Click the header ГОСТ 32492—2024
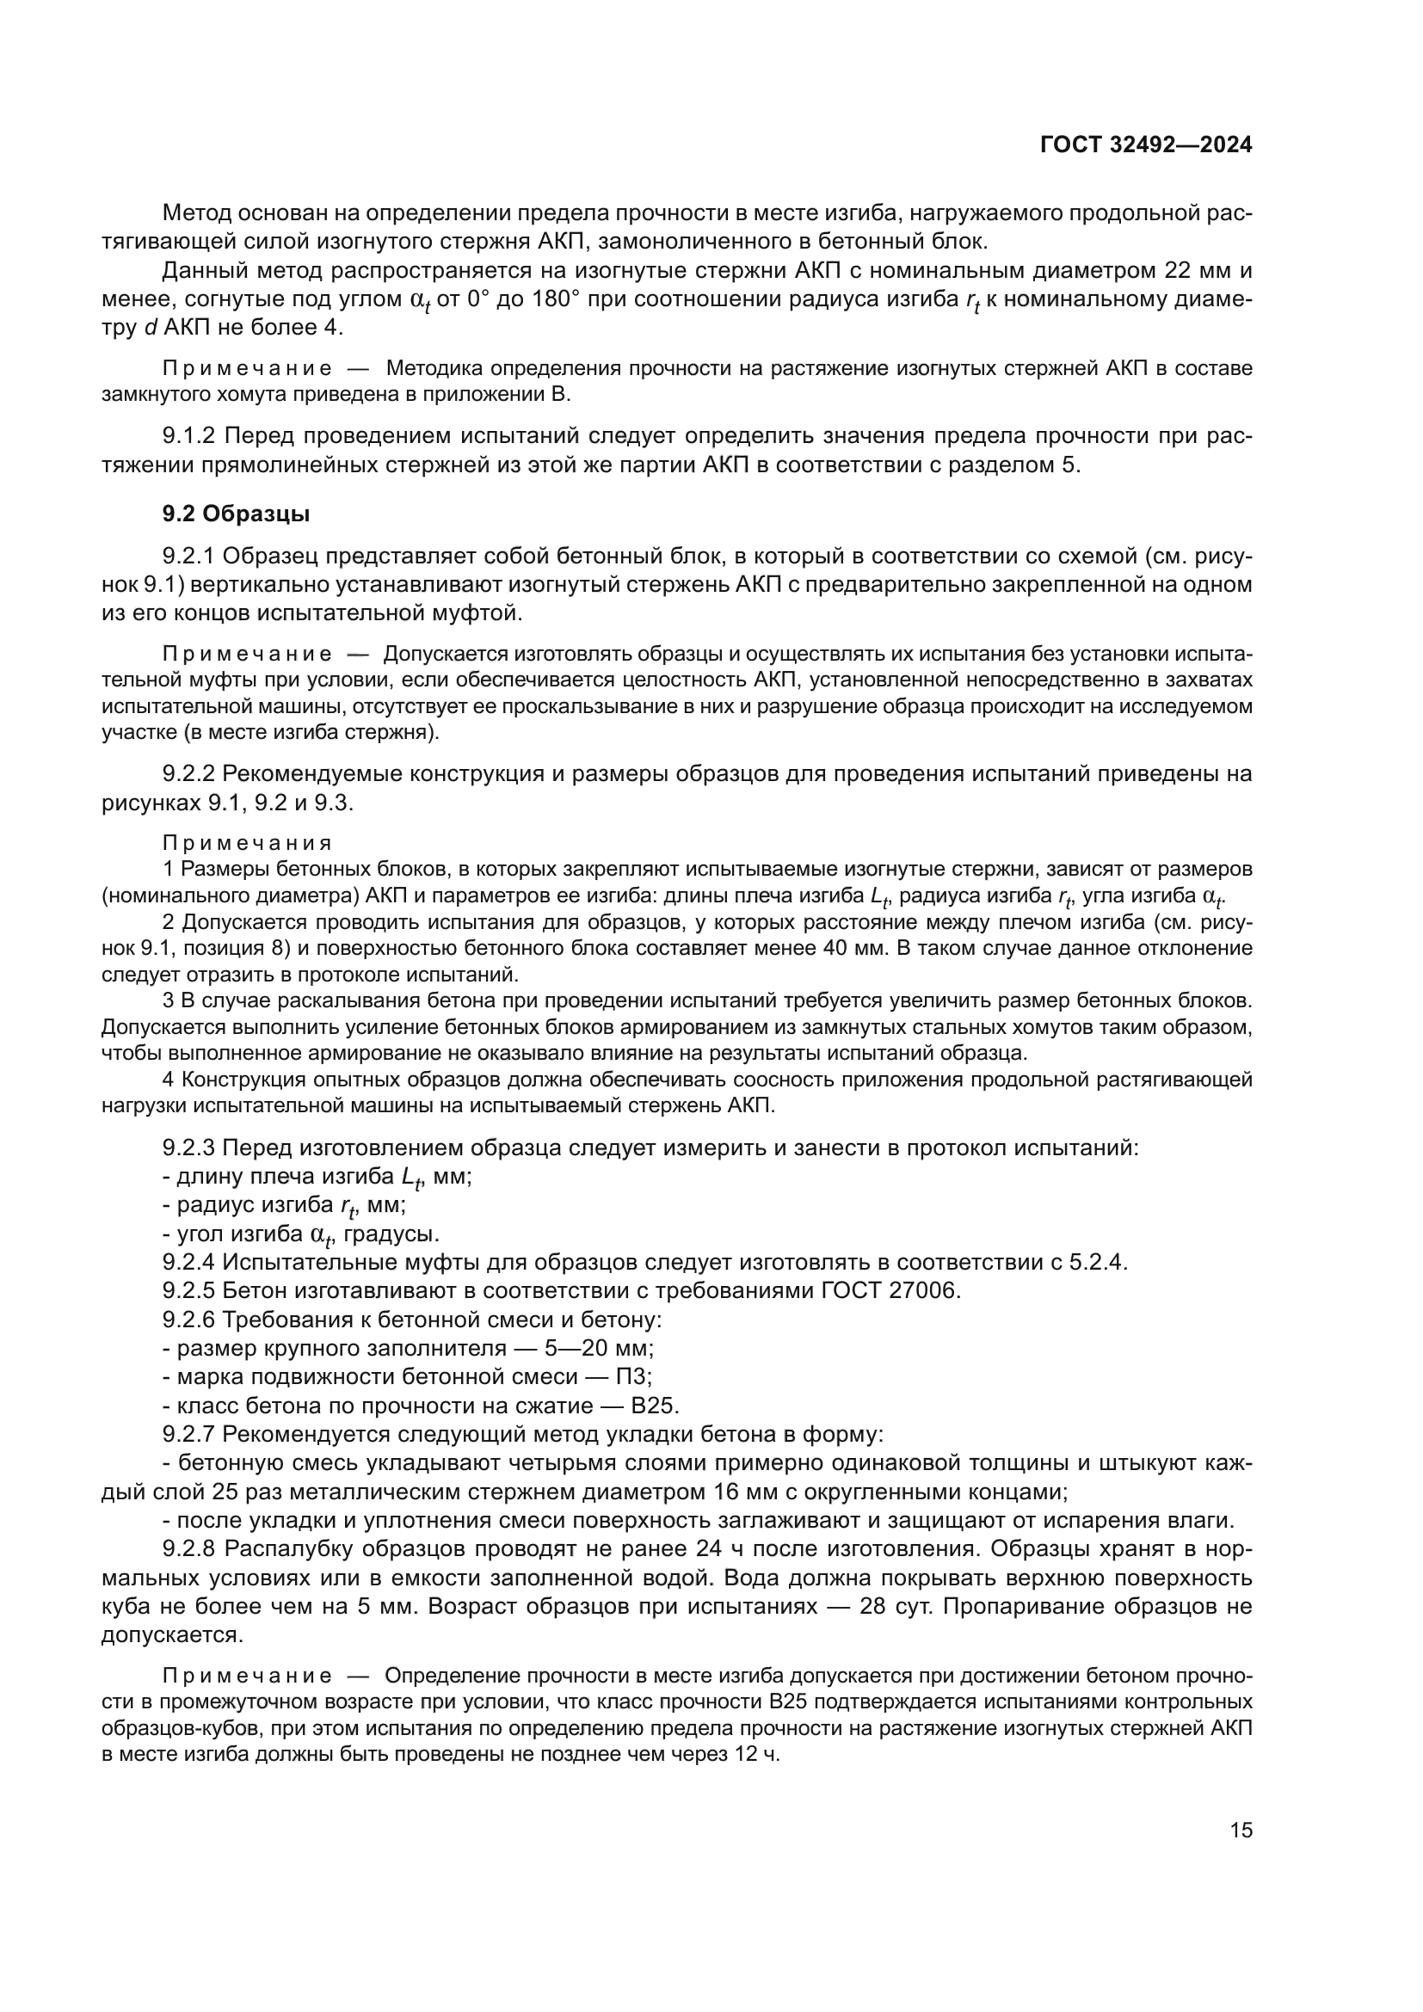[x=1145, y=145]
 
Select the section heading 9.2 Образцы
[x=236, y=514]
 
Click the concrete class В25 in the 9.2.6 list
[x=655, y=1406]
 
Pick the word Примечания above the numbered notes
[x=247, y=843]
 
